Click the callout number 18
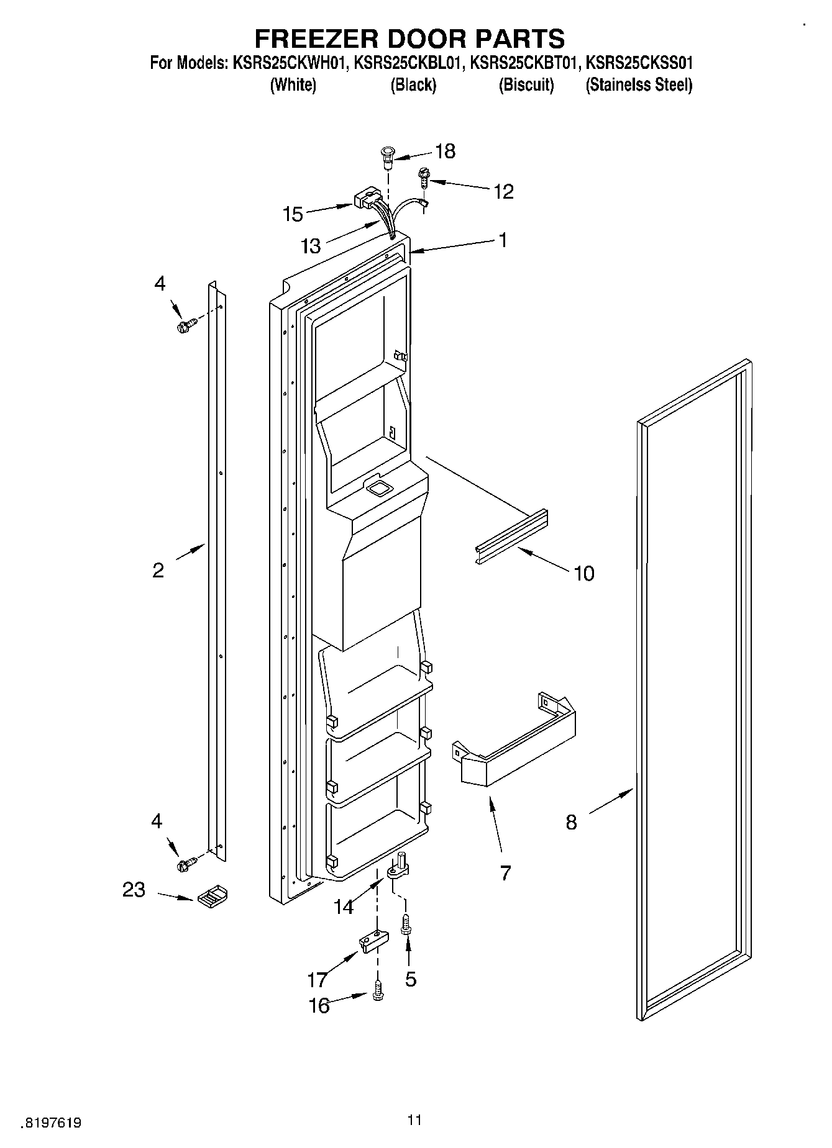tap(446, 151)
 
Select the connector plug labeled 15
tap(365, 200)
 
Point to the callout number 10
tap(583, 572)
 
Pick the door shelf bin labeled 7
tap(516, 746)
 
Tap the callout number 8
tap(571, 822)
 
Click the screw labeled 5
tap(406, 923)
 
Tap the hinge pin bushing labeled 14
tap(398, 867)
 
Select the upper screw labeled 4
tap(186, 326)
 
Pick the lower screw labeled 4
tap(186, 864)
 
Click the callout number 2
tap(158, 570)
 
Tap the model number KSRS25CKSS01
tap(639, 63)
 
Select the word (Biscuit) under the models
tap(526, 85)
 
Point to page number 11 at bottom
tap(414, 1120)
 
